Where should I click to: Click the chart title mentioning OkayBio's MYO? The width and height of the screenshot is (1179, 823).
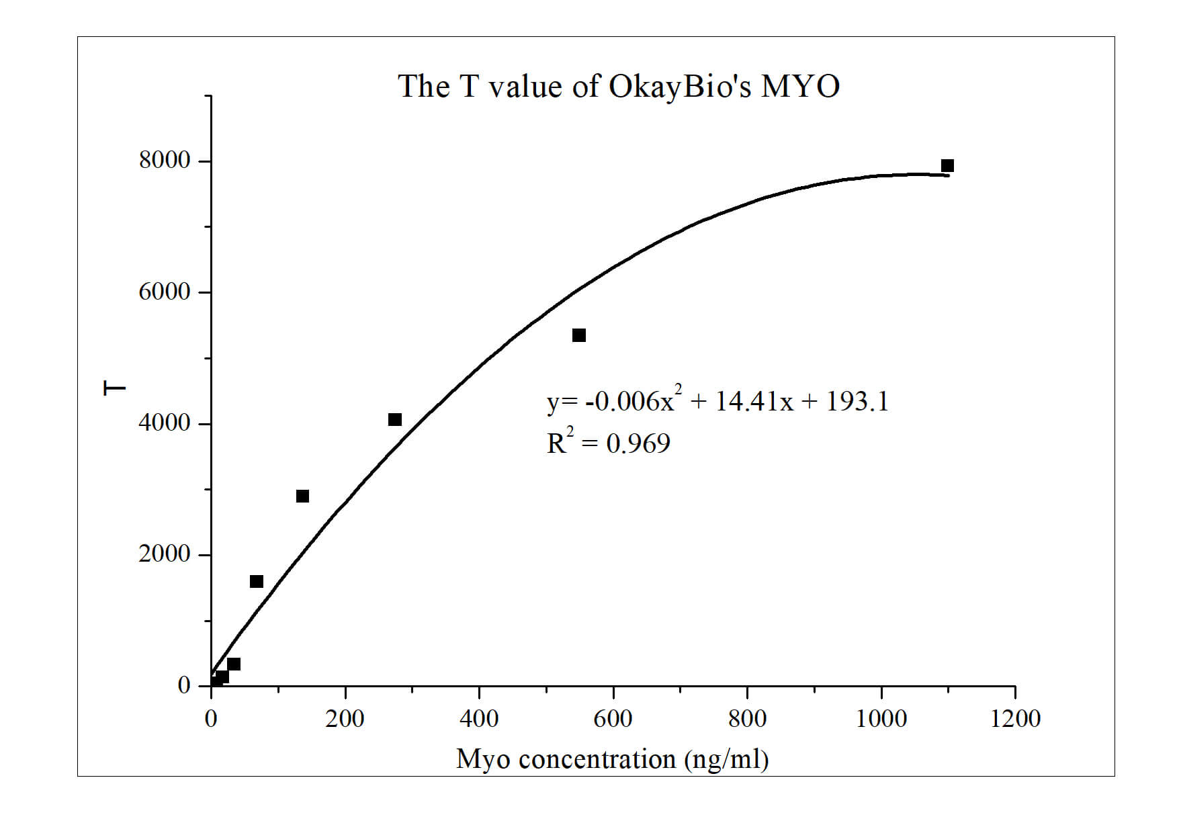[618, 87]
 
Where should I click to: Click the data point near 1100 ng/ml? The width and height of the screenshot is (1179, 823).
[947, 165]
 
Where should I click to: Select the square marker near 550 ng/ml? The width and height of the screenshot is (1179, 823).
[579, 335]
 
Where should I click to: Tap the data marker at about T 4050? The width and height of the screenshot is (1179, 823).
[395, 419]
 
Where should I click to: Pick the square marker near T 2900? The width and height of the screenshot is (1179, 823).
[302, 496]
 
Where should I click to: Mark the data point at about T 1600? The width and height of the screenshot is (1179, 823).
[257, 581]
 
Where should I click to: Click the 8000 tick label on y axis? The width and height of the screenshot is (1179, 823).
[165, 161]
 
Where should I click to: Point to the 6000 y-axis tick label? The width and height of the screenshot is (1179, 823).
[165, 292]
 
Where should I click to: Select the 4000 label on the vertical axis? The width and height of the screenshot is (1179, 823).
[165, 423]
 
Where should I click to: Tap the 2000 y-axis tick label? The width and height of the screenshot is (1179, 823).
[165, 554]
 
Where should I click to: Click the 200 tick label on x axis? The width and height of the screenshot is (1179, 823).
[345, 719]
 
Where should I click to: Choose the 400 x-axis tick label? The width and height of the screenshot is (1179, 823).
[479, 719]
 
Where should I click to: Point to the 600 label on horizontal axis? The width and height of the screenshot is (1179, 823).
[613, 719]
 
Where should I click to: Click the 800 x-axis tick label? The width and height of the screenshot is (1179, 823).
[747, 719]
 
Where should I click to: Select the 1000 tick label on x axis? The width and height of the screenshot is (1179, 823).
[881, 719]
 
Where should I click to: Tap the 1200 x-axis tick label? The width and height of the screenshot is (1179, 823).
[1015, 719]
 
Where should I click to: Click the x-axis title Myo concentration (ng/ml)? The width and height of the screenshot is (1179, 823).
[612, 759]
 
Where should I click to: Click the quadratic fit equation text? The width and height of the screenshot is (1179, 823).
[717, 401]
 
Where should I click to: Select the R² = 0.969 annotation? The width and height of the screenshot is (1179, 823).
[608, 443]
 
